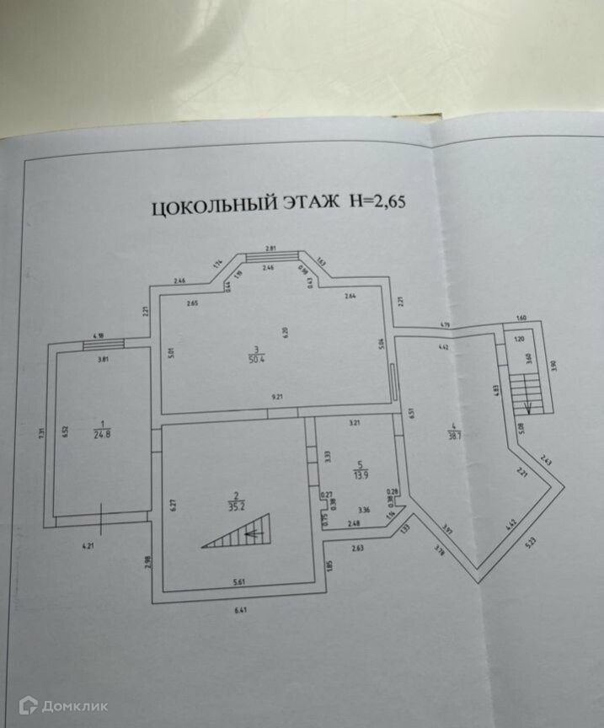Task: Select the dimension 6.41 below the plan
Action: click(x=242, y=610)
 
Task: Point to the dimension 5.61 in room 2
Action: click(x=240, y=581)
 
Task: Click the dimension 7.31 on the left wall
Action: click(x=41, y=433)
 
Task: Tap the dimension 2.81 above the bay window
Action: click(x=271, y=249)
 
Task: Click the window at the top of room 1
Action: click(x=103, y=343)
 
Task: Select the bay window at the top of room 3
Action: click(x=271, y=258)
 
